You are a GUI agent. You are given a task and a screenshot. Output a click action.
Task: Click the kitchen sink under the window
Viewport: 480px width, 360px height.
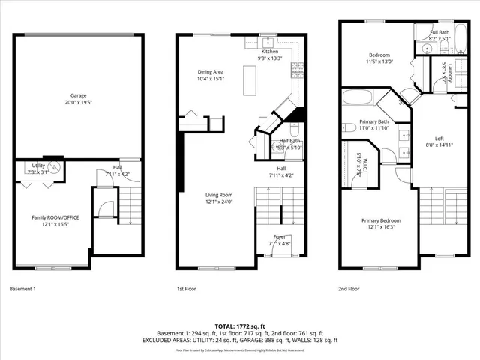[x=256, y=43]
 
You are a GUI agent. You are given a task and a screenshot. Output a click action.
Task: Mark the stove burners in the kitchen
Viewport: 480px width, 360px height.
[x=298, y=68]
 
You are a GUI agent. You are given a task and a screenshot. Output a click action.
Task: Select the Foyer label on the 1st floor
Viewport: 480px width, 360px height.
[x=281, y=237]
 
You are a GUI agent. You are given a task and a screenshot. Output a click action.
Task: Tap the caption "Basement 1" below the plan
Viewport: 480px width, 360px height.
[x=22, y=288]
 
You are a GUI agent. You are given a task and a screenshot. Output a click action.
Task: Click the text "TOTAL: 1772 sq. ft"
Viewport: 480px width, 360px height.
[x=240, y=325]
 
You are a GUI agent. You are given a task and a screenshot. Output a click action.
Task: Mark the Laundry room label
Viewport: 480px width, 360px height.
[x=444, y=71]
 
